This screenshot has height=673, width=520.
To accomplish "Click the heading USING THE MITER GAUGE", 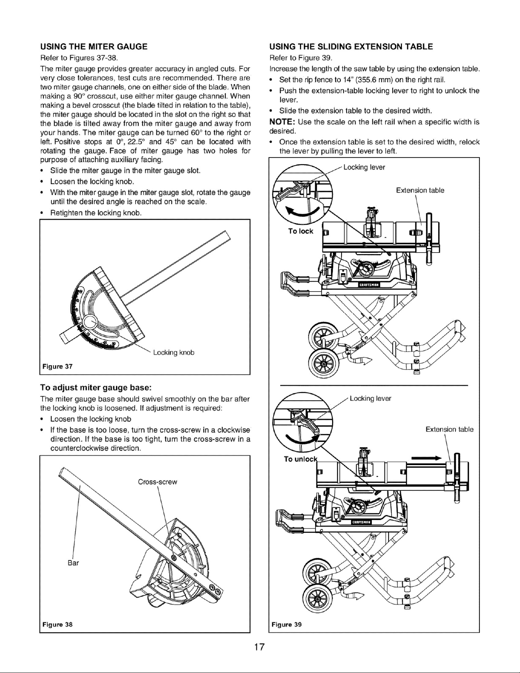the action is tap(94, 47).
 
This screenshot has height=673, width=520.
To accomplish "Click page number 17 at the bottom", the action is tap(260, 647).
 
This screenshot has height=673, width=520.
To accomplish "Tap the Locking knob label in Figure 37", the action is tap(174, 353).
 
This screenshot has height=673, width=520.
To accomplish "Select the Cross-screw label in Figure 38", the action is tap(157, 482).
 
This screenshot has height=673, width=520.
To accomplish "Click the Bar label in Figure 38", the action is tap(73, 563).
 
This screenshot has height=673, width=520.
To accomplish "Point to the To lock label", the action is tap(301, 231).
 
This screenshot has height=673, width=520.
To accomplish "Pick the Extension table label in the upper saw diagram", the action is tap(420, 190).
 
